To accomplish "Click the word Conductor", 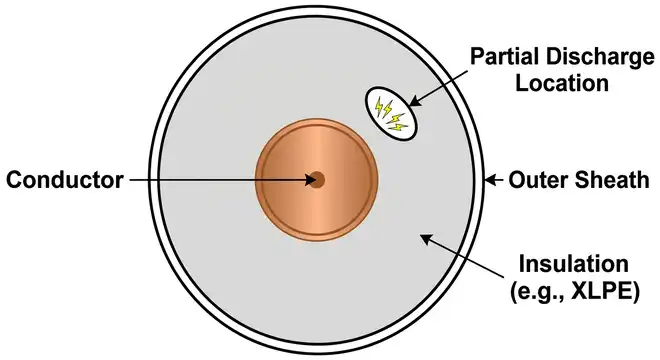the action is coord(64,181).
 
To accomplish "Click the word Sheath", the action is coord(604,181).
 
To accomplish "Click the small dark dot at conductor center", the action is coord(317,181).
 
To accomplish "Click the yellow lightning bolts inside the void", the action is coord(388,112).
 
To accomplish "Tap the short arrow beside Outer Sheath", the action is coord(494,181).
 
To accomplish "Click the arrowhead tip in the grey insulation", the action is coord(424,238).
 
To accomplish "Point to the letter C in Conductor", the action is coord(15,181).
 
